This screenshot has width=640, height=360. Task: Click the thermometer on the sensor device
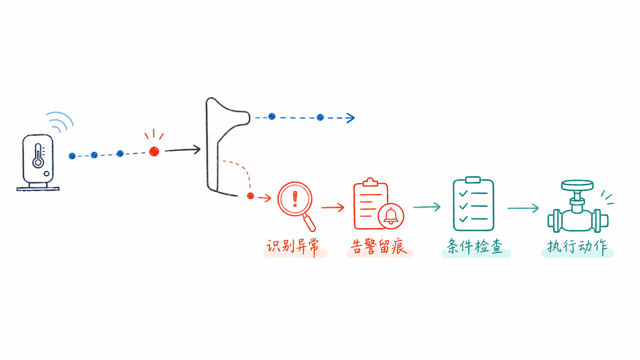coord(38,156)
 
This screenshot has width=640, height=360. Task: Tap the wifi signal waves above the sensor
coord(60,121)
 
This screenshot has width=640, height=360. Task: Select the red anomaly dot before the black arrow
coord(154,152)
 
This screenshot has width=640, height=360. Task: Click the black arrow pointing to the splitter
coord(182,150)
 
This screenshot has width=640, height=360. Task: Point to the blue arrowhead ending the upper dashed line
coord(350,118)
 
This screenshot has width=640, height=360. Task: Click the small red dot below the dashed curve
coord(250,196)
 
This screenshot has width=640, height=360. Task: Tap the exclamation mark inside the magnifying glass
coord(295,199)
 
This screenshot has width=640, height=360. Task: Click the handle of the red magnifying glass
coord(309,222)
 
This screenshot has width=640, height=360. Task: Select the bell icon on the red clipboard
coord(391,216)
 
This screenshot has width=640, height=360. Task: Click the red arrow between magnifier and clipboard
coord(333,208)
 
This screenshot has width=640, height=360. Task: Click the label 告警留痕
coord(379,246)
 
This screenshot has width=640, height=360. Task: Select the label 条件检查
coord(475,246)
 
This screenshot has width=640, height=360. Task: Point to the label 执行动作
coord(577,246)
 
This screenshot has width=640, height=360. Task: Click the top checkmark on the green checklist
coord(463,194)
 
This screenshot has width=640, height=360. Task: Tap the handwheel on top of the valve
coord(578,185)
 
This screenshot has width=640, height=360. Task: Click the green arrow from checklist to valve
coord(523,208)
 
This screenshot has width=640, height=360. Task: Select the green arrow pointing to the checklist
coord(427,206)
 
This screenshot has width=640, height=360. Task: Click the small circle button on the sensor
coord(46,174)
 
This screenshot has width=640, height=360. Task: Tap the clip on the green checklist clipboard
coord(473,180)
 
